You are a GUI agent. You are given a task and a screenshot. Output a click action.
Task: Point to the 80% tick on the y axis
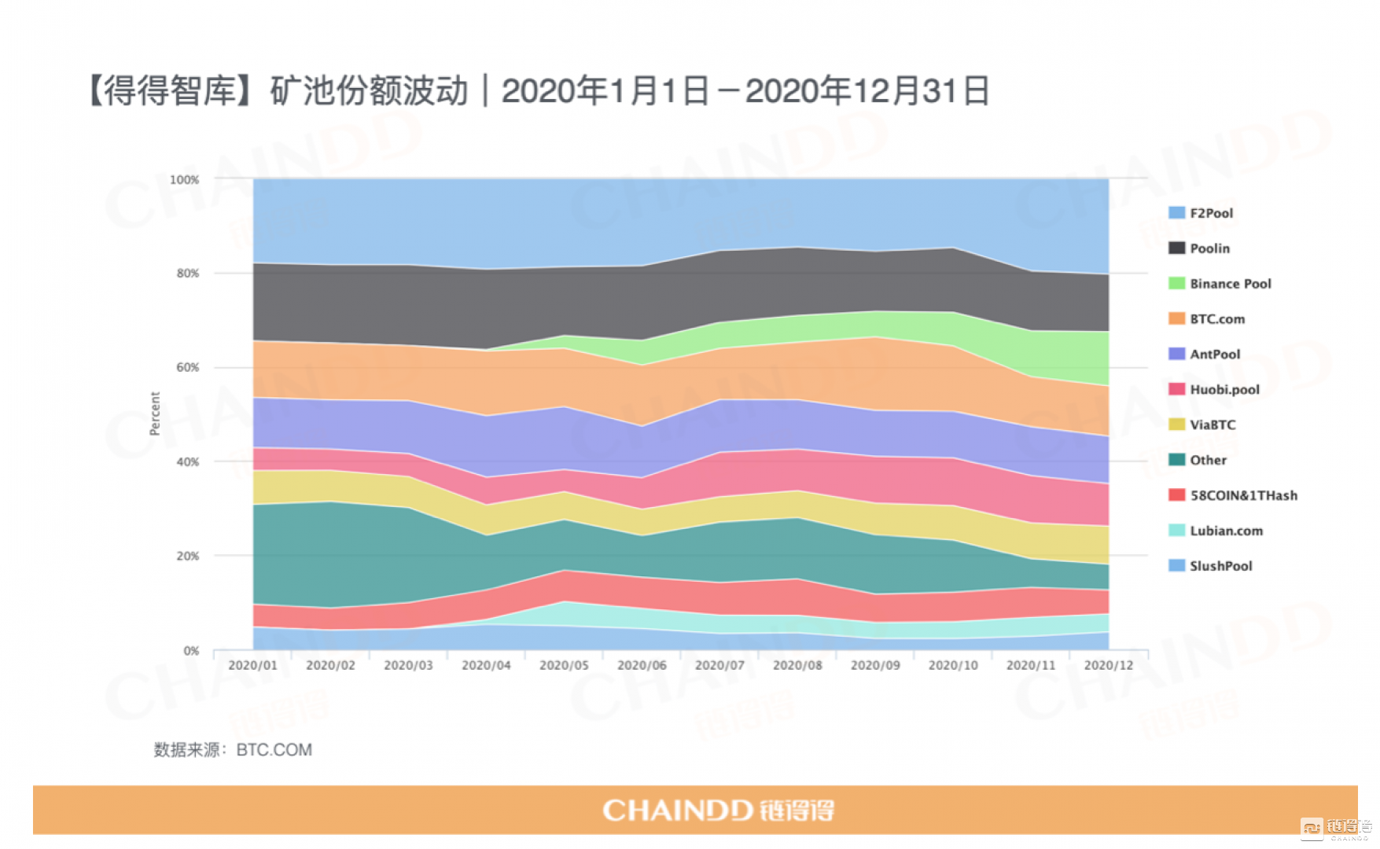click(x=188, y=274)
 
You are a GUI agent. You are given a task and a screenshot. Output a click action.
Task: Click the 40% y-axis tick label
click(x=188, y=462)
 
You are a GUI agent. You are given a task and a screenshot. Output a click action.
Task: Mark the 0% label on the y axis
click(x=191, y=651)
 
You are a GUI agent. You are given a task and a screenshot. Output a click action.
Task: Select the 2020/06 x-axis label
click(x=642, y=666)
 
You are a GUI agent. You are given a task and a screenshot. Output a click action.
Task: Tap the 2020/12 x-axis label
click(x=1109, y=666)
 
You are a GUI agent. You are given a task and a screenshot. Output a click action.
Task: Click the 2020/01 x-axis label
click(x=252, y=666)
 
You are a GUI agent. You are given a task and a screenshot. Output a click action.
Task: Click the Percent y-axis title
click(x=155, y=413)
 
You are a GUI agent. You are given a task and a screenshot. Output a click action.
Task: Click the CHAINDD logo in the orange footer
click(x=718, y=810)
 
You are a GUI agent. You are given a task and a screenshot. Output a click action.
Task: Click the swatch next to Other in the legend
click(x=1176, y=460)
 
